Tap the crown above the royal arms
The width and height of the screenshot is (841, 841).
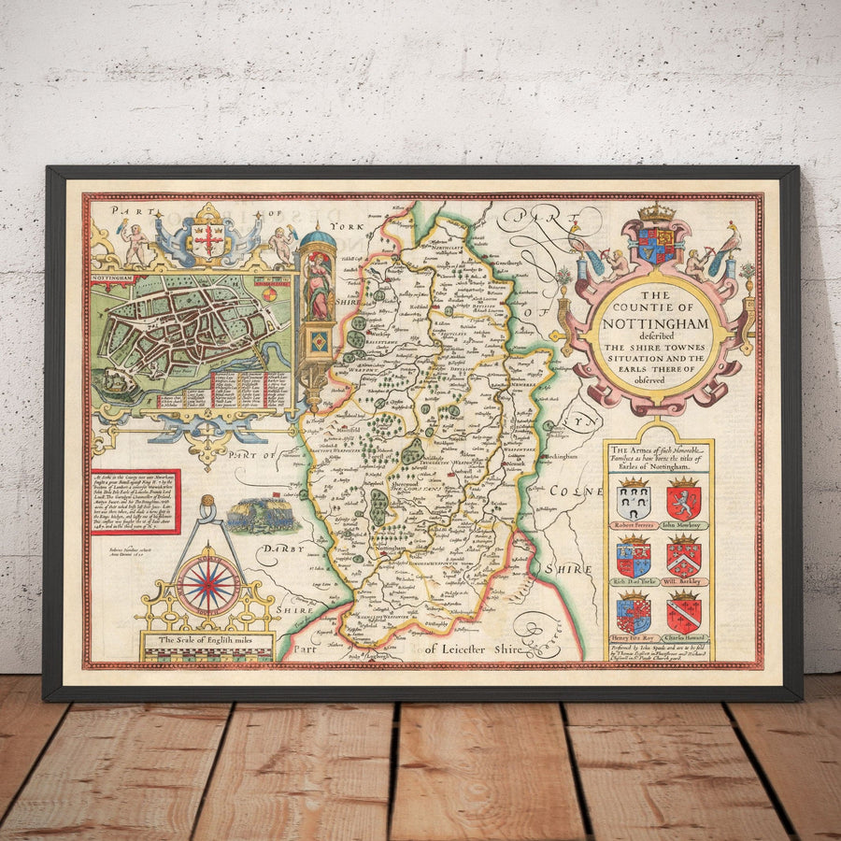point(656,213)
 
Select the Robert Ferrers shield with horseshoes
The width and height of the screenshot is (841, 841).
point(634,503)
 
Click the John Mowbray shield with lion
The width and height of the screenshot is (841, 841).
point(683,502)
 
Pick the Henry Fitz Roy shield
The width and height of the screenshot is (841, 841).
point(634,614)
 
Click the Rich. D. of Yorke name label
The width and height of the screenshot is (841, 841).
point(634,581)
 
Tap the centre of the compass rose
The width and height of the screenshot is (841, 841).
point(208,586)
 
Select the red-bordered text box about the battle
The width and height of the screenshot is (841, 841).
point(135,502)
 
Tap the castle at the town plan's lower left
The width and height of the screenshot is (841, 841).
point(118,380)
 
